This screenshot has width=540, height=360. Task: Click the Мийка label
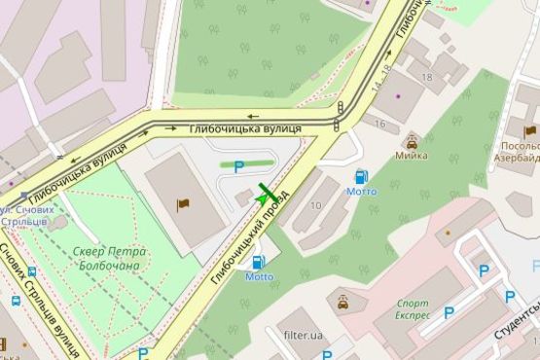411,155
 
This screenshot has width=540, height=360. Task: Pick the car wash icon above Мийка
412,140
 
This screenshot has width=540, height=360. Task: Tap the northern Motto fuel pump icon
361,176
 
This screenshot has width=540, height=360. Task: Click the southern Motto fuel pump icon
259,262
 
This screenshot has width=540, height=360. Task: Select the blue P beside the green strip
238,166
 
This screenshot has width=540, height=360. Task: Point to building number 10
316,205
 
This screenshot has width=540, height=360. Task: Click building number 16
379,124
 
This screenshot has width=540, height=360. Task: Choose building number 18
426,77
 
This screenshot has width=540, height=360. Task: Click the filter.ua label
303,336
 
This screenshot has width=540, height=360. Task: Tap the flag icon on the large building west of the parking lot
182,204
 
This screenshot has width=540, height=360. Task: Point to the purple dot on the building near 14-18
368,3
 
